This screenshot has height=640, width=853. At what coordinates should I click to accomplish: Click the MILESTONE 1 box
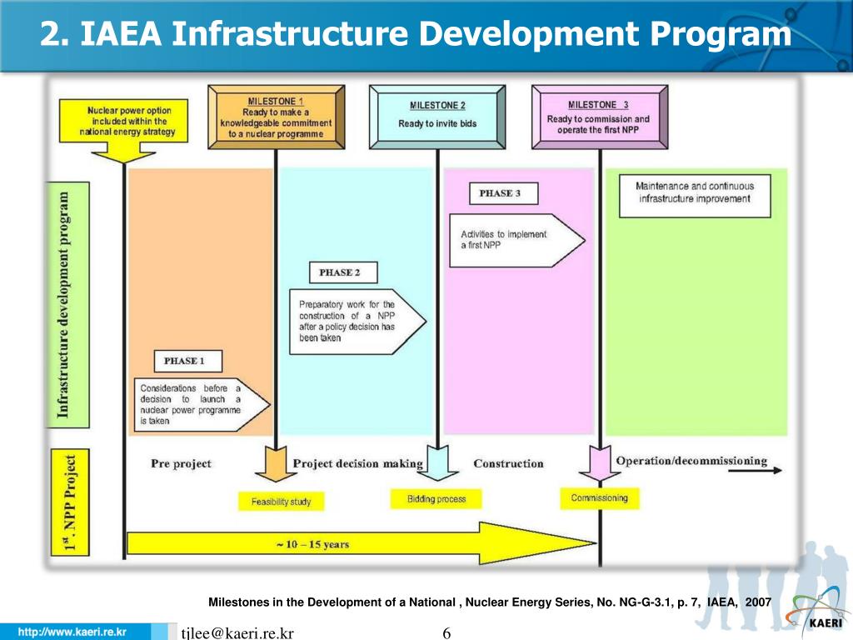275,117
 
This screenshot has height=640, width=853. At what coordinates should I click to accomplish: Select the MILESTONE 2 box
437,116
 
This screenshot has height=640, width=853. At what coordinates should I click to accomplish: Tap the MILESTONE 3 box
598,117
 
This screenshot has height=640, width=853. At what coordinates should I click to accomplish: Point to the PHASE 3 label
503,193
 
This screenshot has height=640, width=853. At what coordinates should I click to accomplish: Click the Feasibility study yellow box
281,502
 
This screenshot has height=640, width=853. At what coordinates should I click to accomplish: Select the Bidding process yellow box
436,499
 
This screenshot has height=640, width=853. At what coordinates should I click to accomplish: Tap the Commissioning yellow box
599,498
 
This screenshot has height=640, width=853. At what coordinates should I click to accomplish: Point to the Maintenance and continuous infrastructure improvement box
694,193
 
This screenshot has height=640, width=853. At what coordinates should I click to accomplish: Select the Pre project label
181,463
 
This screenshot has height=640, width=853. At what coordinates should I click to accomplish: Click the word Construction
508,463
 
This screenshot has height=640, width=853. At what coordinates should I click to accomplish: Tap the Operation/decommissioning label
691,461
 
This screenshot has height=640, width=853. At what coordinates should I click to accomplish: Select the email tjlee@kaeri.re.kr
237,633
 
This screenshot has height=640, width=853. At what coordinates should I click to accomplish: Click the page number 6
446,633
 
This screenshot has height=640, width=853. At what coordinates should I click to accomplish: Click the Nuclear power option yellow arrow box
127,125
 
